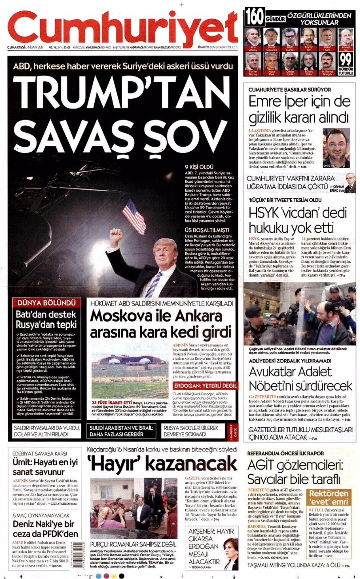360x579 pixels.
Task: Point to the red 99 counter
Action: point(346,59)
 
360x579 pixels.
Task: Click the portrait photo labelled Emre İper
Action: point(336,147)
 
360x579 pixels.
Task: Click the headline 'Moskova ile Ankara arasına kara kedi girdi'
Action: point(161,324)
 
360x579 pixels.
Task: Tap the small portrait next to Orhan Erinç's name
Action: point(350,183)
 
